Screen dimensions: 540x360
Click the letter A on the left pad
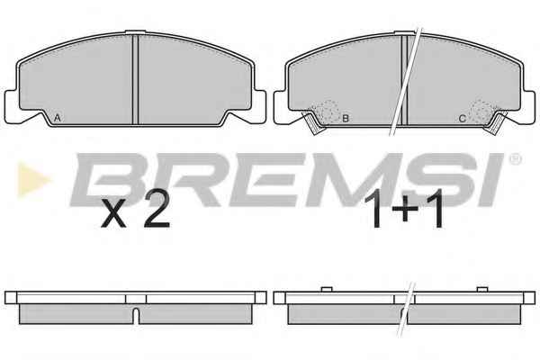[58, 118]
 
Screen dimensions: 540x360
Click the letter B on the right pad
[346, 119]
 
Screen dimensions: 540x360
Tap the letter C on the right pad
[463, 119]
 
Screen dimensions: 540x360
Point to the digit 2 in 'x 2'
[157, 211]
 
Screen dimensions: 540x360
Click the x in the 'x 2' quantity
[113, 216]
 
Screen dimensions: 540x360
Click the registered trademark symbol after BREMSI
[515, 158]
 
